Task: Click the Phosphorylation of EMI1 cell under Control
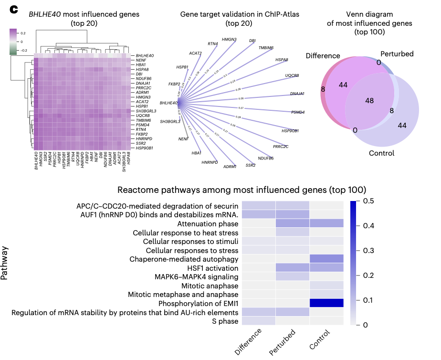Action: pyautogui.click(x=326, y=303)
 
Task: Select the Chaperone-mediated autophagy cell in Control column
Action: pyautogui.click(x=326, y=259)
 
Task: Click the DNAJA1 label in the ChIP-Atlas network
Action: pyautogui.click(x=297, y=94)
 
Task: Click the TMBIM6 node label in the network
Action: pyautogui.click(x=266, y=48)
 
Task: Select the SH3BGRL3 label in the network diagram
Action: pyautogui.click(x=170, y=122)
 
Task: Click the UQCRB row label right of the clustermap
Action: pyautogui.click(x=144, y=116)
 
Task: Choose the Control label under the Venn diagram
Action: pyautogui.click(x=381, y=153)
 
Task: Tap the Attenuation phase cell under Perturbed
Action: pyautogui.click(x=292, y=223)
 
